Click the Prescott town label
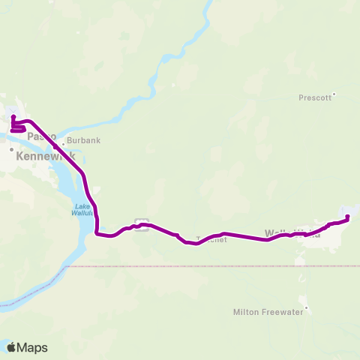coord(314,97)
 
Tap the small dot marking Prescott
coord(334,94)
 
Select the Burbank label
coord(83,140)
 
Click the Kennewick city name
coord(42,155)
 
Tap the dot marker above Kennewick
coord(12,149)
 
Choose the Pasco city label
coord(42,137)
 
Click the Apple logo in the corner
coord(12,347)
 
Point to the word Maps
coord(32,348)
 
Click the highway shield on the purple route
coord(140,222)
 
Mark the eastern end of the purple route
coord(348,217)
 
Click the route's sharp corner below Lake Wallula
coord(97,233)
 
